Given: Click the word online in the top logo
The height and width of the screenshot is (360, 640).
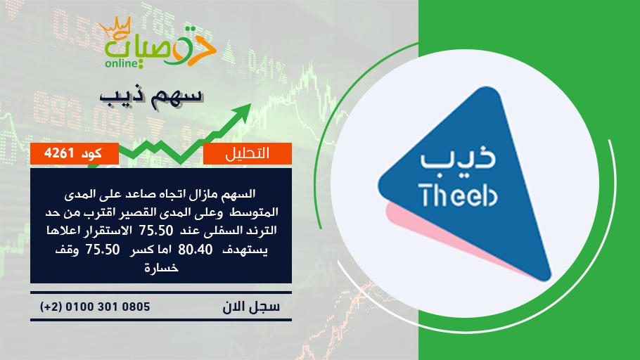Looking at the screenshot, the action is click(122, 63).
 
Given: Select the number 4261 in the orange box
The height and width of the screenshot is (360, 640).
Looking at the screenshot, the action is click(59, 153).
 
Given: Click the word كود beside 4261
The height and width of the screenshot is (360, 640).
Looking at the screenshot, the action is click(91, 153).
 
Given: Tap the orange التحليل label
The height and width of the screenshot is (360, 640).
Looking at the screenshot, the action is click(247, 153).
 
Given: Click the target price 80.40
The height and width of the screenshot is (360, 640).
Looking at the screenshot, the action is click(196, 250).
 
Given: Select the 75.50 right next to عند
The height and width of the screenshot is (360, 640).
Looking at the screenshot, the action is click(156, 231).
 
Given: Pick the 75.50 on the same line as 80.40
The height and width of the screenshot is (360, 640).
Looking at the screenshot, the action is click(103, 250).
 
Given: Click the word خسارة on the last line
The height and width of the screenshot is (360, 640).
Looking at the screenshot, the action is click(161, 268).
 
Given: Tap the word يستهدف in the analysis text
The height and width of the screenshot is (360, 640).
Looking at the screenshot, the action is click(245, 250).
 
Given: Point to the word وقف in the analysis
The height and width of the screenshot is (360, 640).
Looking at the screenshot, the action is click(67, 250).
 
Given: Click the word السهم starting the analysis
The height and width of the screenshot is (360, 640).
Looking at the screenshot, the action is click(238, 194).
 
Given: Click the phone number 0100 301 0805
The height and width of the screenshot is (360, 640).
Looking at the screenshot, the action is click(108, 307).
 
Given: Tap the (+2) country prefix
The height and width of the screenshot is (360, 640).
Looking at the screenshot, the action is click(51, 307).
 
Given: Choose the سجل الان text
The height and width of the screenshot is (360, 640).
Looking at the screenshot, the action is click(251, 307).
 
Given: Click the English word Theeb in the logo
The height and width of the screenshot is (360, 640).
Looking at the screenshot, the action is click(458, 194).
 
